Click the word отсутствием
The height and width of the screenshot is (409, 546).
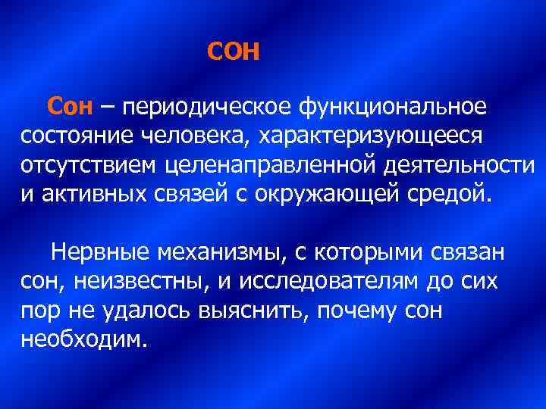89,164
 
